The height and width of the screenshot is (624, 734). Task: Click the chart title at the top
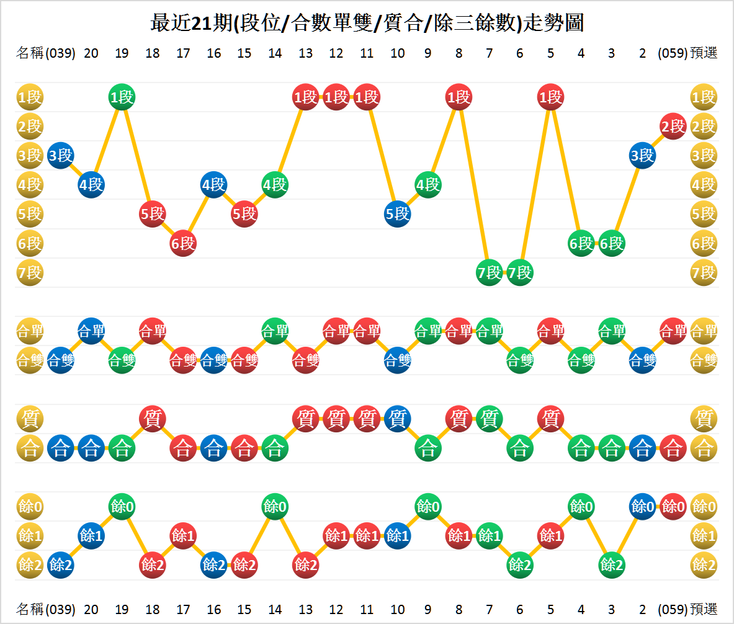coord(367,24)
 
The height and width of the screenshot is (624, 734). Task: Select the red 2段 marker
coord(673,127)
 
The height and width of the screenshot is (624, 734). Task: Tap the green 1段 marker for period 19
coord(122,97)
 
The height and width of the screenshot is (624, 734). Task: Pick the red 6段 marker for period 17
coord(183,243)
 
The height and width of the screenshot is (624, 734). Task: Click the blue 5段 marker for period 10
coord(398,214)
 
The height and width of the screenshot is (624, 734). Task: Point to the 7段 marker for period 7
coord(489,272)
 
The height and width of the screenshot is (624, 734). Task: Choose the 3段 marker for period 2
coord(642,156)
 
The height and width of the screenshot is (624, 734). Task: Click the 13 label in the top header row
coord(305,53)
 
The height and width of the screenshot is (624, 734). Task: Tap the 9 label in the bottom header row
coord(428,609)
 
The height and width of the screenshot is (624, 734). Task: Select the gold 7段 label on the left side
coord(30,272)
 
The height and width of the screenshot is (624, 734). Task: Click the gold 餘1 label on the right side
coord(704,535)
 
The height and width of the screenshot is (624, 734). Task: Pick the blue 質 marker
coord(398,419)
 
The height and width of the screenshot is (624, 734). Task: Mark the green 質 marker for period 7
coord(489,419)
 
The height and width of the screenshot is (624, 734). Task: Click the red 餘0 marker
coord(673,506)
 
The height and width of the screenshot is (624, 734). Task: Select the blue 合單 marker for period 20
coord(91,331)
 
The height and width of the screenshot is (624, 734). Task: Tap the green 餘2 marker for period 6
coord(520,564)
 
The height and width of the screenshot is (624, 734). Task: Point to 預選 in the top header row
coord(704,53)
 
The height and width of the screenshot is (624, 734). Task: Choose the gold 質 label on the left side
coord(30,419)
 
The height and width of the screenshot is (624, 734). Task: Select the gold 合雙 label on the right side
coord(704,360)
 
